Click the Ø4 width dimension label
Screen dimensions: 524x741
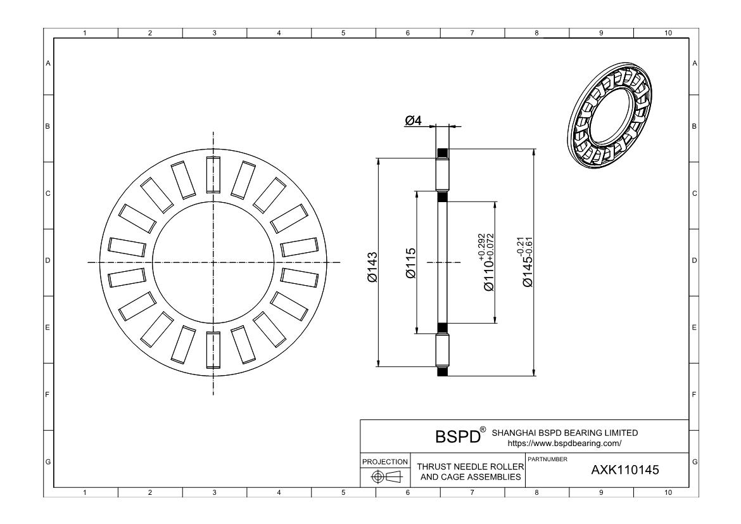click(x=413, y=120)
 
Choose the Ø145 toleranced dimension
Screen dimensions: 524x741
click(x=528, y=262)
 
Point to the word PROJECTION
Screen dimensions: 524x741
click(x=384, y=462)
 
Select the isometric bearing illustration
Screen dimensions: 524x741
click(x=607, y=114)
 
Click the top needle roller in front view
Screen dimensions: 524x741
click(x=213, y=176)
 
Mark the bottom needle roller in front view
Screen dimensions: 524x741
click(x=213, y=348)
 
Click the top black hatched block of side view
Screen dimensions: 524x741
click(x=443, y=153)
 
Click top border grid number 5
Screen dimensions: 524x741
click(x=343, y=33)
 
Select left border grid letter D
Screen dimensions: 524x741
click(x=48, y=260)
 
